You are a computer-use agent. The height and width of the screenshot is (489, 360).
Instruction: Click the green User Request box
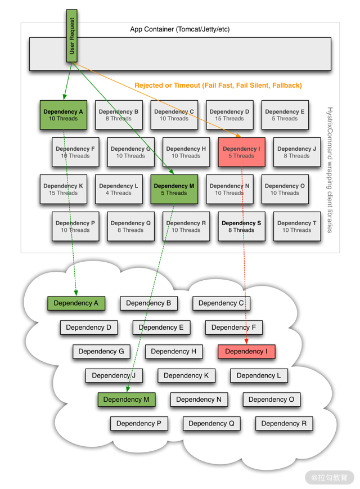click(x=71, y=36)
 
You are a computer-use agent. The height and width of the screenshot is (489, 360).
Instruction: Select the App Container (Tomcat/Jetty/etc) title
click(x=180, y=29)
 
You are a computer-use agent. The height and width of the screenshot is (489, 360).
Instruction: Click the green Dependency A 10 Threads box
click(x=63, y=115)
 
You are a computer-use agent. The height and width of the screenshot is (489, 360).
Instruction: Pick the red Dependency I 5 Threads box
click(x=241, y=152)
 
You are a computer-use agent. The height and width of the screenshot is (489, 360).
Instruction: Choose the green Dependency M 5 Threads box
click(x=174, y=189)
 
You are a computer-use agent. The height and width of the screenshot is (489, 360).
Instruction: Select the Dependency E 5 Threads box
click(x=285, y=115)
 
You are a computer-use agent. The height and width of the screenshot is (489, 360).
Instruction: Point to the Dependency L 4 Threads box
click(x=119, y=189)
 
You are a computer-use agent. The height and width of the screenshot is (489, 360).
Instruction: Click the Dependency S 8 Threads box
click(x=241, y=226)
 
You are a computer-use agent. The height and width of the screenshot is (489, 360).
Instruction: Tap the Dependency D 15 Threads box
click(x=229, y=115)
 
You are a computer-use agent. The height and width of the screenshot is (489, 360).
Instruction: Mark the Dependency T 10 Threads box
click(x=297, y=226)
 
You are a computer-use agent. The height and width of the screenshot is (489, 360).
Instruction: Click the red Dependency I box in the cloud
click(x=246, y=352)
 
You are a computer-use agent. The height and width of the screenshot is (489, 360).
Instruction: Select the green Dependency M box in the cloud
click(x=126, y=400)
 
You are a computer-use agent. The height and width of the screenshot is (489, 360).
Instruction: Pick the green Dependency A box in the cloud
click(x=76, y=303)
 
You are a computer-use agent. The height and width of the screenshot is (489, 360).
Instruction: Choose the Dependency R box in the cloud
click(x=284, y=424)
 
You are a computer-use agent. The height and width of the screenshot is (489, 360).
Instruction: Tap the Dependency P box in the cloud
click(x=139, y=424)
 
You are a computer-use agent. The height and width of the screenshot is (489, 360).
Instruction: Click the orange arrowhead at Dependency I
click(x=238, y=136)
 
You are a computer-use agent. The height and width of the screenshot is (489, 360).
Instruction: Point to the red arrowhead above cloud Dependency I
click(x=246, y=342)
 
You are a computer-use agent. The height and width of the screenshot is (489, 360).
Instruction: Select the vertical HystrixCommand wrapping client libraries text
click(x=330, y=170)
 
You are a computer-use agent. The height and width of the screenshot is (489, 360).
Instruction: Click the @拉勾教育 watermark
click(x=330, y=477)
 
